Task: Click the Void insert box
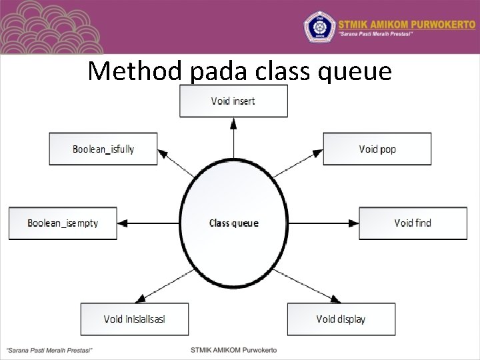point(233,101)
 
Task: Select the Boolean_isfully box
point(103,149)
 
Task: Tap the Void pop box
point(377,149)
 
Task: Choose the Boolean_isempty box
point(63,223)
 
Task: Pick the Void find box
point(413,223)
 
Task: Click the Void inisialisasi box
point(134,319)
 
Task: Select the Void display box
point(341,319)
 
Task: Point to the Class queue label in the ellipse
point(233,223)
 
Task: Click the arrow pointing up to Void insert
point(233,139)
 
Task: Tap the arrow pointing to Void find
point(323,223)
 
